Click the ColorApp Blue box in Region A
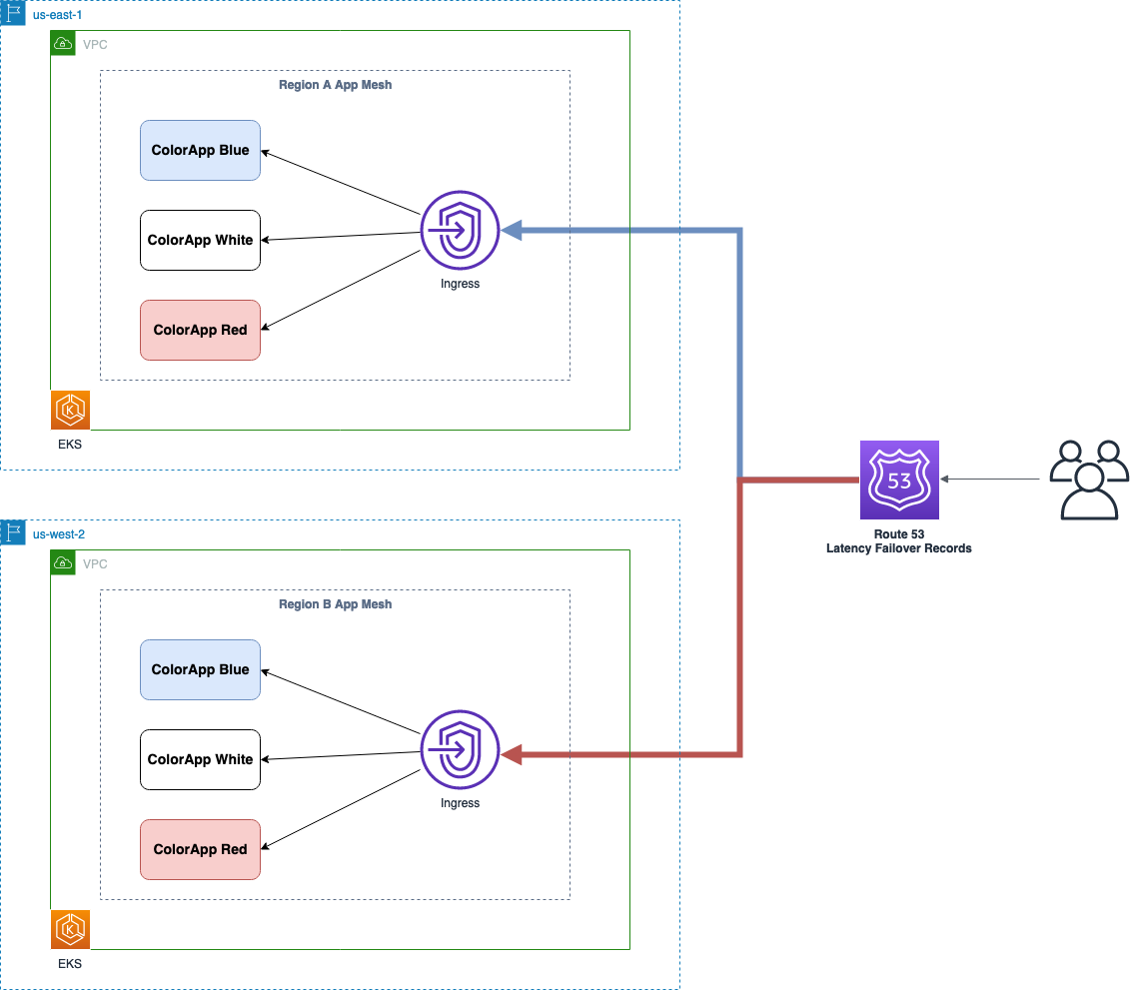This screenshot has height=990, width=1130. point(200,151)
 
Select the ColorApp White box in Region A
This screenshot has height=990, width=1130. point(200,241)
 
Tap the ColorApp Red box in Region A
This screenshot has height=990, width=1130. point(200,331)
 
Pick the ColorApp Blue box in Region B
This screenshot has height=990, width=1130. point(200,670)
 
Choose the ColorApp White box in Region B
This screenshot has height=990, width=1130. point(200,760)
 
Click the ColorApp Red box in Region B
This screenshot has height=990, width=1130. point(200,850)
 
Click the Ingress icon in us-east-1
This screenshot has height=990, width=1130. point(460,231)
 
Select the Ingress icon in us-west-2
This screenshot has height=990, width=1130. point(460,750)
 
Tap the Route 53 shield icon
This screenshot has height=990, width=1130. point(899,481)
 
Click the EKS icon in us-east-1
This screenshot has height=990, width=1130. point(71,411)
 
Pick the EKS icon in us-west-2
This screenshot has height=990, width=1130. point(71,930)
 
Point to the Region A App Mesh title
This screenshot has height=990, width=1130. point(335,85)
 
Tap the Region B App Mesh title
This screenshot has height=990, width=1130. point(335,604)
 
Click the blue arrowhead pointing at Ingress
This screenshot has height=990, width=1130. point(512,232)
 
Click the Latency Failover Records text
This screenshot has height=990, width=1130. point(898,548)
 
